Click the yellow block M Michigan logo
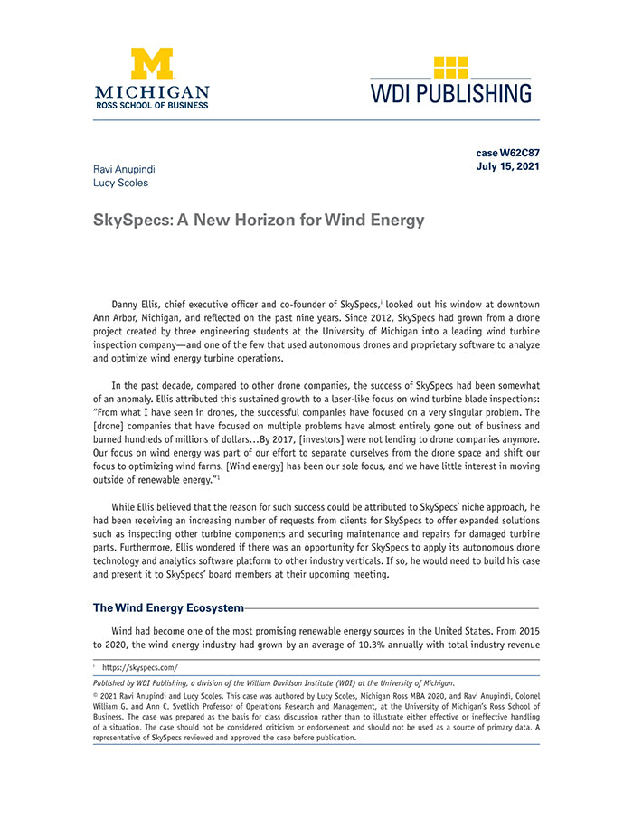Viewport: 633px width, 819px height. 152,64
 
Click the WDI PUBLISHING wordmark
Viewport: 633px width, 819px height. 450,93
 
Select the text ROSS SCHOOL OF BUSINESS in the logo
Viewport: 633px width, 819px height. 152,105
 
